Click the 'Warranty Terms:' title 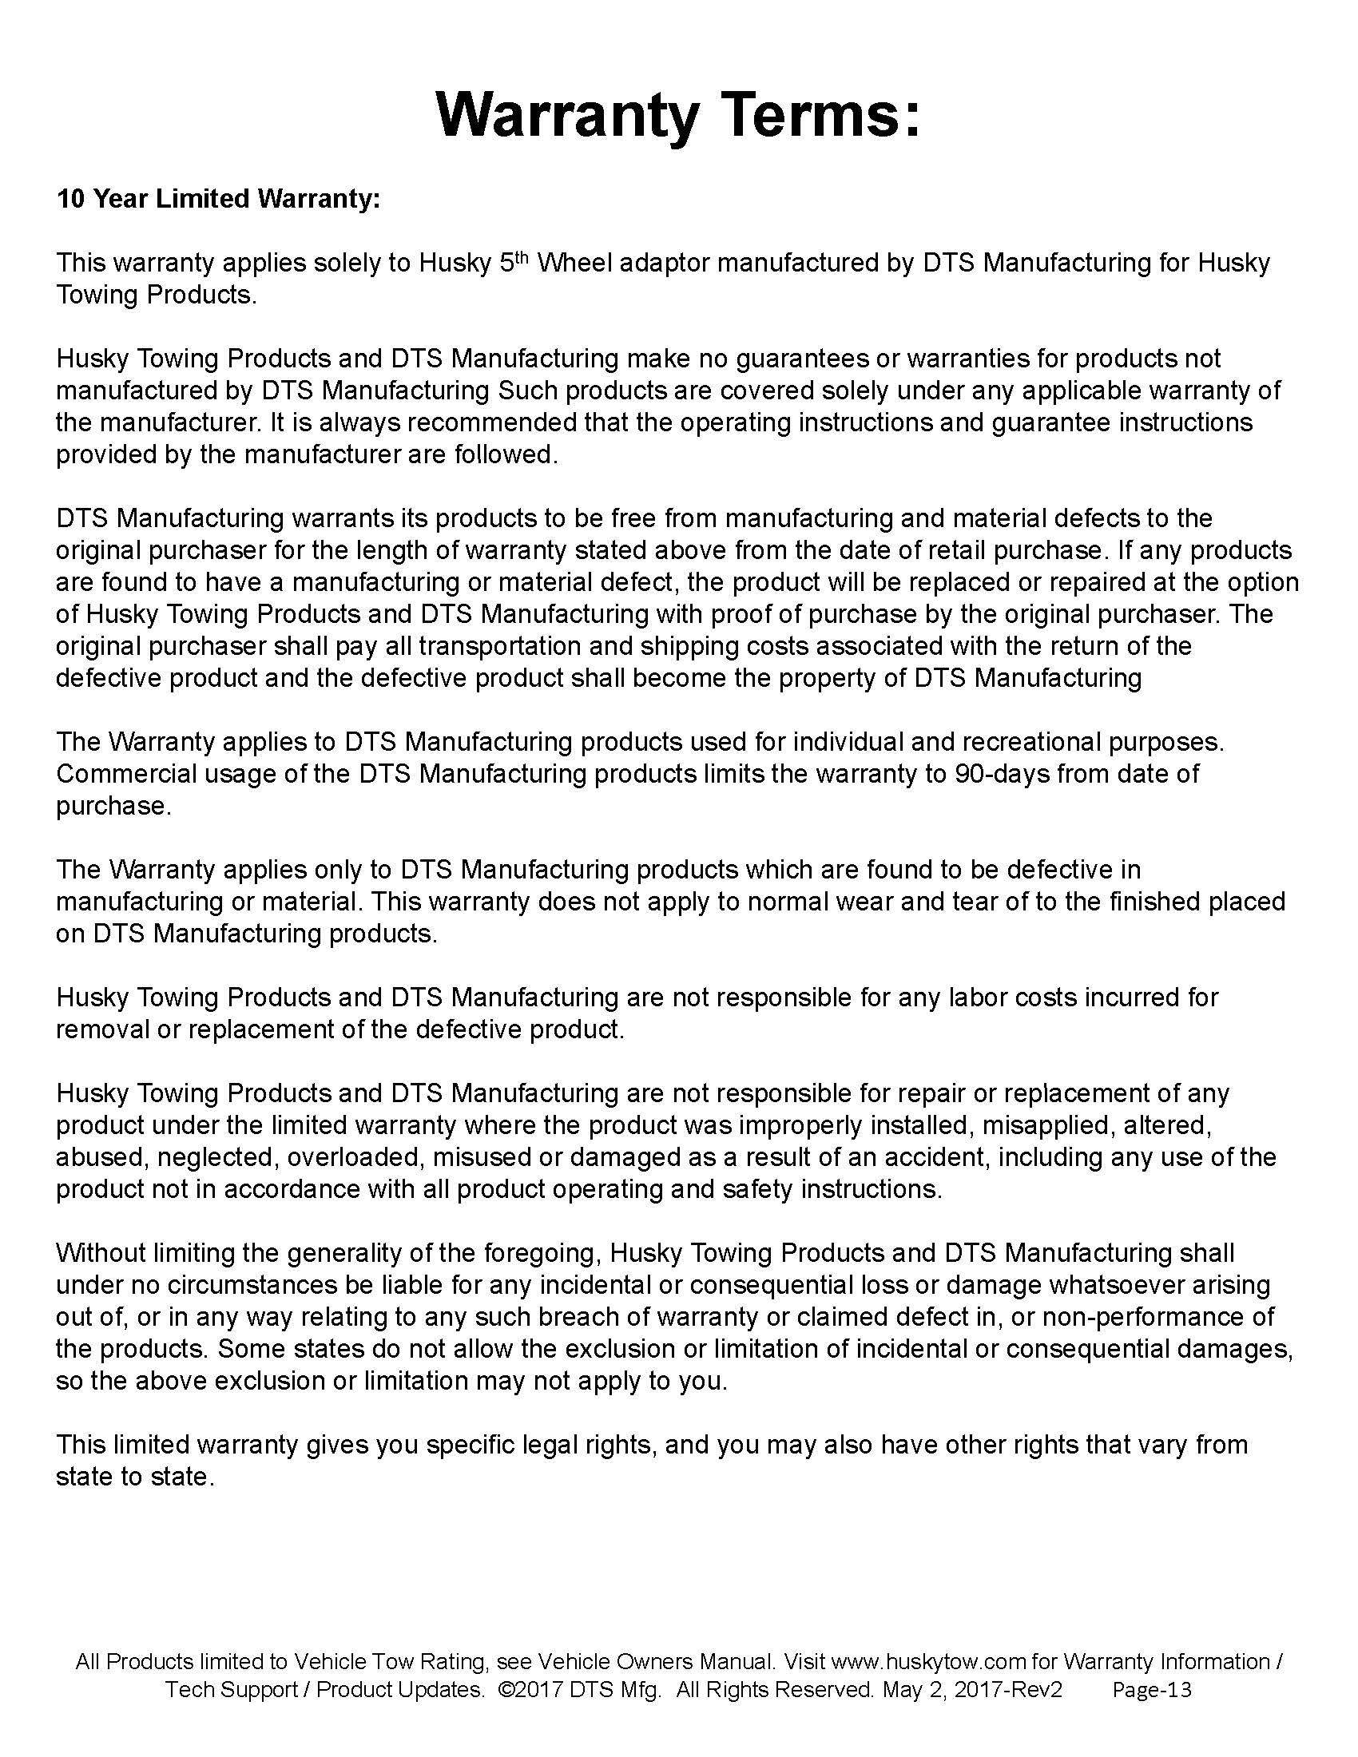coord(677,115)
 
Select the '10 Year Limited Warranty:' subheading coord(217,199)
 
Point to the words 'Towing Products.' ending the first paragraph coord(156,295)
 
